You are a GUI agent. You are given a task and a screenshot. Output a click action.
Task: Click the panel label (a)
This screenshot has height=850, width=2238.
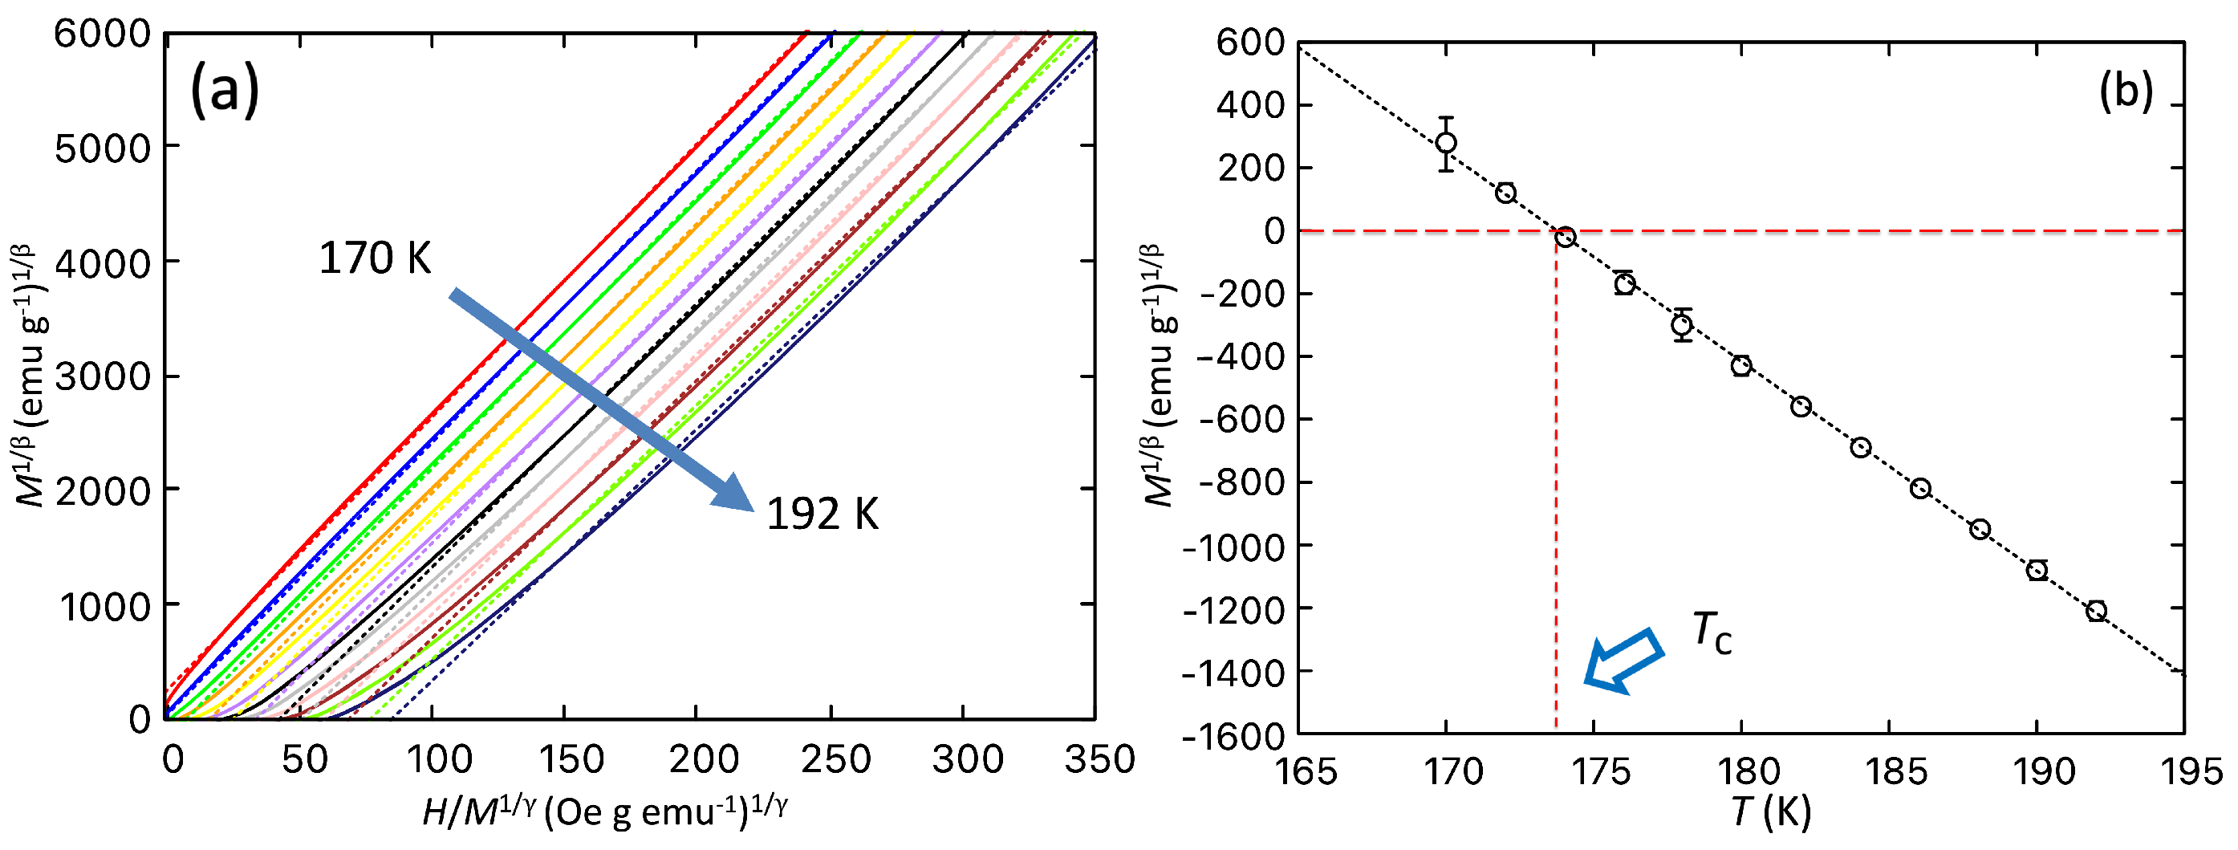[224, 91]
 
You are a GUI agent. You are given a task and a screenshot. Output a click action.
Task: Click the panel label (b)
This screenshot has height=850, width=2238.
[2125, 91]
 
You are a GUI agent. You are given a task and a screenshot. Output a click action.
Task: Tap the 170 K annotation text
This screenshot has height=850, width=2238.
[375, 258]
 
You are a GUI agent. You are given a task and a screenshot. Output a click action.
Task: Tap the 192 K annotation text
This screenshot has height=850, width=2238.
[822, 514]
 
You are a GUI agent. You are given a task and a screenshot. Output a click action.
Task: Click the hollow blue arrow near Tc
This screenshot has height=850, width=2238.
[1622, 661]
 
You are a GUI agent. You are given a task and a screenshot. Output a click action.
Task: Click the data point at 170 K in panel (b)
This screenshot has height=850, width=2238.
[1446, 143]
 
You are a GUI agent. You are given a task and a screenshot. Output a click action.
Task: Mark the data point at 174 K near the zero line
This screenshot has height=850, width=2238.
[1565, 238]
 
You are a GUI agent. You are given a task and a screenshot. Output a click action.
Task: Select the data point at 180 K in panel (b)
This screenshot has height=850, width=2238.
[1741, 366]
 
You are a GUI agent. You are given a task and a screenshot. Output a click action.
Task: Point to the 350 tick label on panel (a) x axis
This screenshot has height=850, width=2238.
[1099, 760]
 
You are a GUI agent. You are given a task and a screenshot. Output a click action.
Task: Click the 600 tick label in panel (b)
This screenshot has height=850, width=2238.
[1250, 42]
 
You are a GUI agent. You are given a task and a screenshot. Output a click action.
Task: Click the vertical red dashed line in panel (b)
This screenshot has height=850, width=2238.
[1555, 522]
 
